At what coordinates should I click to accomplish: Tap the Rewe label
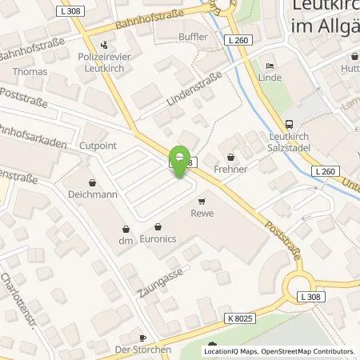200,213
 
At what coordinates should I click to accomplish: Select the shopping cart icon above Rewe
201,201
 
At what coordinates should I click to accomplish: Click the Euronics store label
158,238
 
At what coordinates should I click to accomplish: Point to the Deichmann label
92,194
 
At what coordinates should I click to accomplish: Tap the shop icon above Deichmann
92,182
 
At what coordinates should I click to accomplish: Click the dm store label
125,241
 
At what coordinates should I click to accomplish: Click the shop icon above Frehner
232,157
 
